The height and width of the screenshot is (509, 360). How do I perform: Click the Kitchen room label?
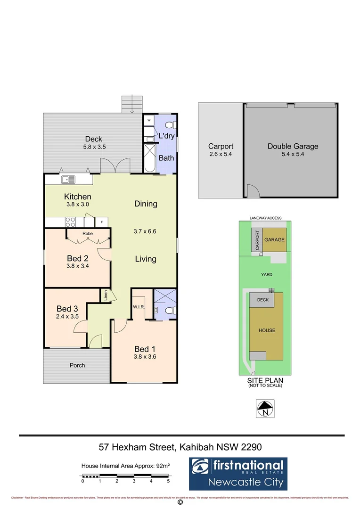(x=78, y=197)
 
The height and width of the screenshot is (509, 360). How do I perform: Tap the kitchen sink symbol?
(x=68, y=179)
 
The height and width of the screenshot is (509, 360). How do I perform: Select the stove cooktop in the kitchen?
(x=71, y=221)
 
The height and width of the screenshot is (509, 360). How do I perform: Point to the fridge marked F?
(x=102, y=221)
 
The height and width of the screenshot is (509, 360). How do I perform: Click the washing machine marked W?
(x=148, y=121)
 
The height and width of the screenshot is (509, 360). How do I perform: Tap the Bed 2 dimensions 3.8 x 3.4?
(x=78, y=266)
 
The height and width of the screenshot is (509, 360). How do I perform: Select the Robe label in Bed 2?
(x=88, y=233)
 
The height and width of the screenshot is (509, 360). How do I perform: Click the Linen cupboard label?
(x=106, y=296)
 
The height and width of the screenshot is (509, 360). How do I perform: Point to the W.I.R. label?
(x=138, y=307)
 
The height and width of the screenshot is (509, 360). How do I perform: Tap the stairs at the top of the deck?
(x=131, y=104)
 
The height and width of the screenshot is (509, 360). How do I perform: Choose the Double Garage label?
(x=293, y=146)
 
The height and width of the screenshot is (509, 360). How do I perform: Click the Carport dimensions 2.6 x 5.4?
(x=221, y=154)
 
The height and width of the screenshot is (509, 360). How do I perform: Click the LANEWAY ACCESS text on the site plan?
(x=266, y=218)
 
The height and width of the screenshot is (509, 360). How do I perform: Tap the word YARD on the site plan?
(x=267, y=274)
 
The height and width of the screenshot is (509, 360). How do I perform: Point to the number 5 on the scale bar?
(x=168, y=482)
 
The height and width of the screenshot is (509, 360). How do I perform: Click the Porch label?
(x=77, y=365)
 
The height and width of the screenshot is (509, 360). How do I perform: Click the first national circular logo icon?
(x=201, y=467)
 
